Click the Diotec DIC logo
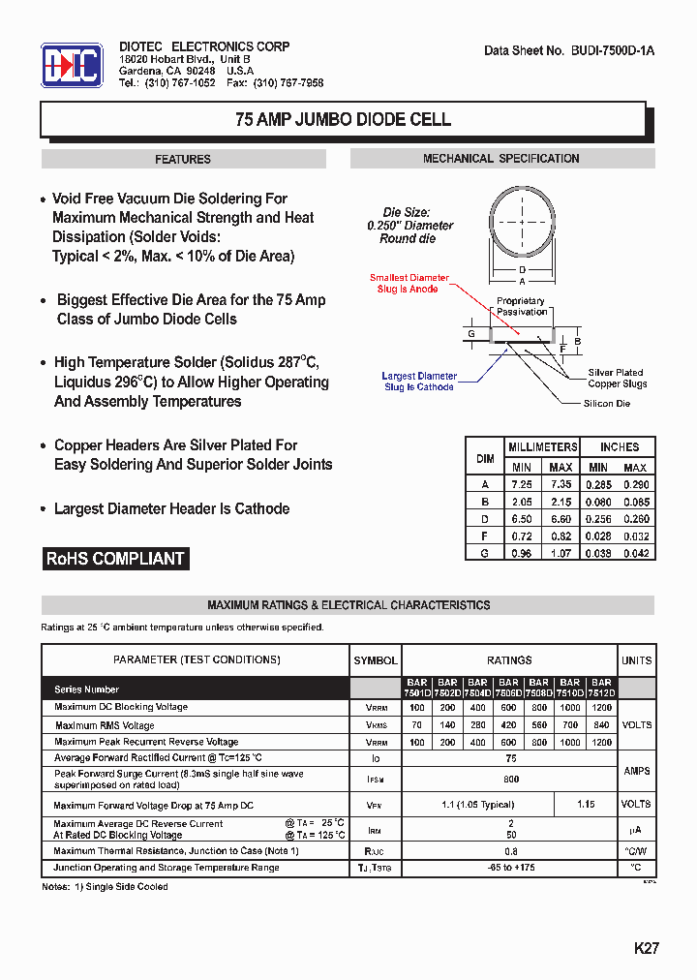71,65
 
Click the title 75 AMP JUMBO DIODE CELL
343,120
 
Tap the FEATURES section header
183,159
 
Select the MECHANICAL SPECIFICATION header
500,159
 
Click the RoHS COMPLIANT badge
115,559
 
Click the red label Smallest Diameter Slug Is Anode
409,284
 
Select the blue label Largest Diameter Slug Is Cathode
419,382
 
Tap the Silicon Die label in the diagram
606,403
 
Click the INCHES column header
619,446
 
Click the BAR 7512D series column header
601,688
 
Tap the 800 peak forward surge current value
510,778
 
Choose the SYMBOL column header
376,660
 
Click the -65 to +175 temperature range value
510,868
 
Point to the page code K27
646,949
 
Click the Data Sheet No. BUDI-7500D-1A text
568,50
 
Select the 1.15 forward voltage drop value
587,804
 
